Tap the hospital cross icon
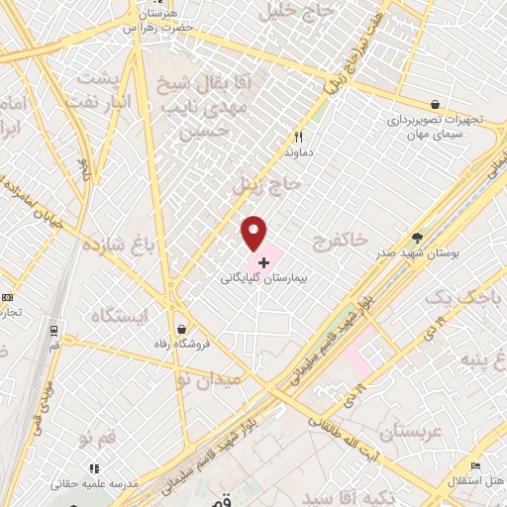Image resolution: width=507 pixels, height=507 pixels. coord(263,262)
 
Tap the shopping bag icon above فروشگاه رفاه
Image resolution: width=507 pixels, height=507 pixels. coord(180,329)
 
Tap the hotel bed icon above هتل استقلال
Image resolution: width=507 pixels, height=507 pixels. coord(475,464)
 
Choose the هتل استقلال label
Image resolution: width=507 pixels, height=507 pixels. coord(476,481)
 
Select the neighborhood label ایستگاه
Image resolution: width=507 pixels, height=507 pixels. coord(118,316)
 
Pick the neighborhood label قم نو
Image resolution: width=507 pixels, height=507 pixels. coord(101,437)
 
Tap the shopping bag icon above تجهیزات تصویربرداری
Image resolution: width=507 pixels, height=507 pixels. coord(435,103)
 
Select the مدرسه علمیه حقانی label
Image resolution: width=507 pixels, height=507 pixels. coord(96,484)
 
